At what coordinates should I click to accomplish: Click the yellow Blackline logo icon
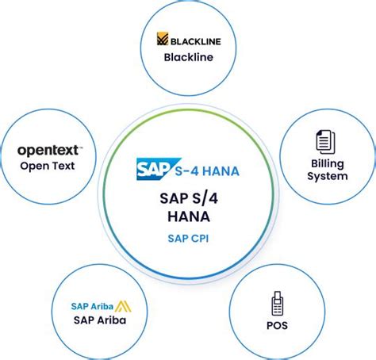[163, 39]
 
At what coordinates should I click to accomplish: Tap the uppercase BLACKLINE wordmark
[196, 41]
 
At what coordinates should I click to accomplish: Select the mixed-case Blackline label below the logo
[189, 57]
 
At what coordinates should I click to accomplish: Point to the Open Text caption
[48, 166]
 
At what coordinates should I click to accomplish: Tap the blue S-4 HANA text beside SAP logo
[207, 171]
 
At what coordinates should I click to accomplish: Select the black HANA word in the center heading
[189, 216]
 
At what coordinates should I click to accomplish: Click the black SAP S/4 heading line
[189, 198]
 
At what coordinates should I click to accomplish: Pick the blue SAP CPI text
[188, 239]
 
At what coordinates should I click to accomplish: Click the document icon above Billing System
[326, 142]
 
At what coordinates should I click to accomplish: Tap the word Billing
[328, 164]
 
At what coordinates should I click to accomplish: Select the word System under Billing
[328, 176]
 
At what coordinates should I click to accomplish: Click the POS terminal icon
[277, 304]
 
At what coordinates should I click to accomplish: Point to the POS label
[277, 325]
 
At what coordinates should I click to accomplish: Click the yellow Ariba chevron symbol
[123, 306]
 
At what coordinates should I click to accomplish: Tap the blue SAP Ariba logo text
[92, 306]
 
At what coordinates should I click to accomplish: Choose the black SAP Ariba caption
[100, 320]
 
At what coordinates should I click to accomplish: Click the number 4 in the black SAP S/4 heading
[212, 198]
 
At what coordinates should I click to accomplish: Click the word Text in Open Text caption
[63, 166]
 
